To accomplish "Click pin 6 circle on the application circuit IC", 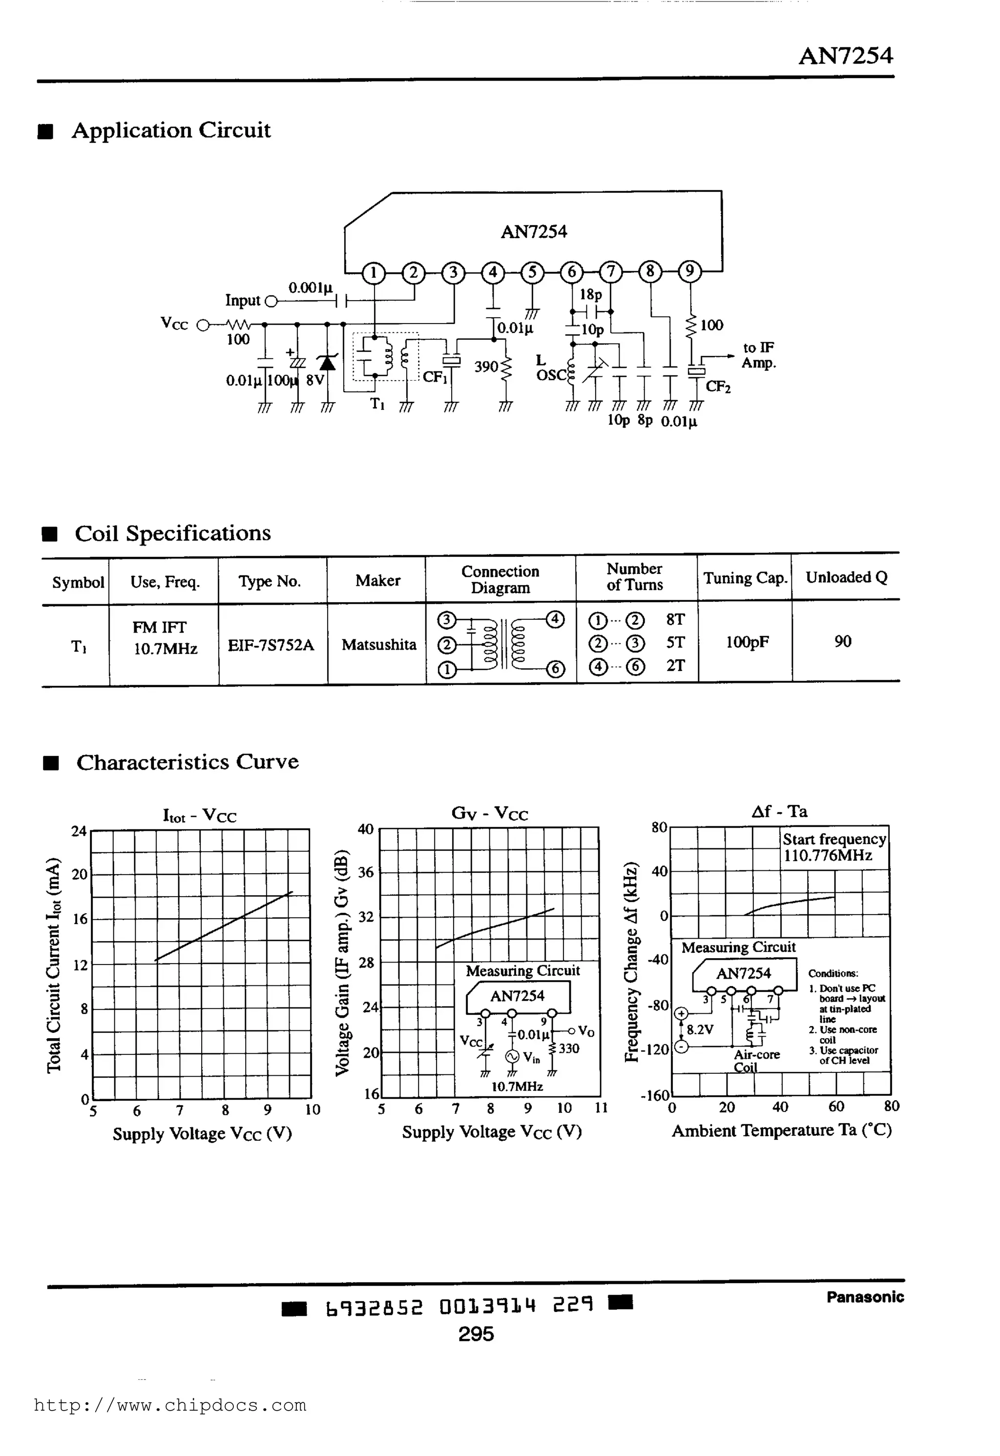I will (571, 272).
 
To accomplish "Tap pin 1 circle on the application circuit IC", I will (374, 272).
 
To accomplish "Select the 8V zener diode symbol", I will (327, 363).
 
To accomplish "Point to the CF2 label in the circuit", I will (718, 387).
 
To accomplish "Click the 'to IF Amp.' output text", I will (758, 355).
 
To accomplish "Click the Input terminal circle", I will (271, 302).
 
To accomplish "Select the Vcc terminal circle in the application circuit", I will (203, 325).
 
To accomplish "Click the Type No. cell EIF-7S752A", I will (271, 645).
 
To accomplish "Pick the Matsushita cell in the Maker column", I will (378, 645).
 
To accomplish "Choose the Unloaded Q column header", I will (846, 577).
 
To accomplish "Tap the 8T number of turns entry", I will (675, 619).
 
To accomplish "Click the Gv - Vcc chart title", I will (489, 814).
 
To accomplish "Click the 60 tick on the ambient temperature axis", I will (836, 1107).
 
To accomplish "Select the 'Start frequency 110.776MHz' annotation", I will (834, 847).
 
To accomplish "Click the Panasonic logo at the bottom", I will (865, 1297).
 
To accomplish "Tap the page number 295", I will (476, 1334).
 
